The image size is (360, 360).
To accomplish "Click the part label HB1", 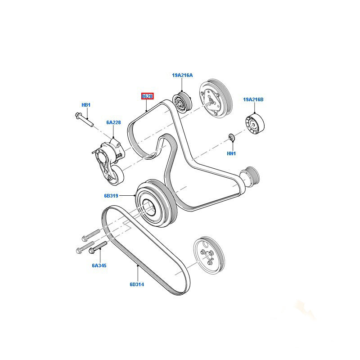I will [86, 105].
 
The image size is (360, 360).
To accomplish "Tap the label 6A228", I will [113, 122].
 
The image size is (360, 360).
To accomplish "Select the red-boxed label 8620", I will [147, 96].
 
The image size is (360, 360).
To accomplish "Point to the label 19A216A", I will [182, 76].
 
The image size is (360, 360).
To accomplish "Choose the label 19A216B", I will [253, 99].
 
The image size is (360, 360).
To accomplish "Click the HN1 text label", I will [231, 153].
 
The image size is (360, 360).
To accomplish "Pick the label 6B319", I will [110, 196].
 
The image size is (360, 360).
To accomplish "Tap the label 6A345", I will [99, 265].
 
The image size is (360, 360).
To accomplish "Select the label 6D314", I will [137, 284].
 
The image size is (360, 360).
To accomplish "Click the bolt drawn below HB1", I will [83, 119].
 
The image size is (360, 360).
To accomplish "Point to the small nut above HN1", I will [231, 137].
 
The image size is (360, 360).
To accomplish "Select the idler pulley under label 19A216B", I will [255, 124].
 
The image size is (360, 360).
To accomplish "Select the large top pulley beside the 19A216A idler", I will [215, 100].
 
